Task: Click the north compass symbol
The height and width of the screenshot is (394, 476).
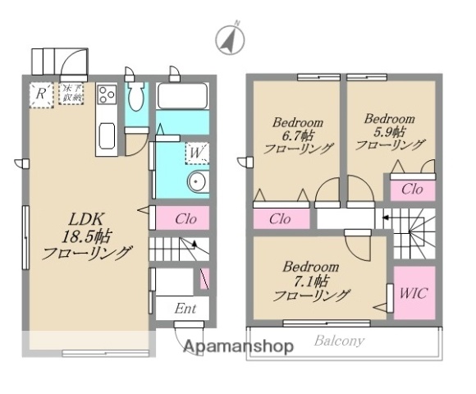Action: [231, 39]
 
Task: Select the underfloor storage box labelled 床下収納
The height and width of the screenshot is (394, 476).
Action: [71, 94]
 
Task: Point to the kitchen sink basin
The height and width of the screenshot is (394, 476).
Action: [106, 136]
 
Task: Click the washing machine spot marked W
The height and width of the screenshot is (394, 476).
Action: [196, 151]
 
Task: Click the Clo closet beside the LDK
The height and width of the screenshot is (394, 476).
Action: [185, 219]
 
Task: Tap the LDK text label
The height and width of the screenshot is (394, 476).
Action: [85, 220]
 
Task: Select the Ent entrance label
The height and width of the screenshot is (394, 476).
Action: [185, 308]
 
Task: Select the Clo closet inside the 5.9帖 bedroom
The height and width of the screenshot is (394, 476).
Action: [411, 189]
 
